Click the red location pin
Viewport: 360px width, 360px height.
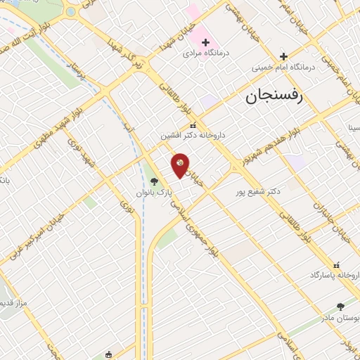pos(180,165)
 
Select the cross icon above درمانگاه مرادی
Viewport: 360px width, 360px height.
pos(205,43)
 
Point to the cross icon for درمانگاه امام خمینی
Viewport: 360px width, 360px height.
pos(283,57)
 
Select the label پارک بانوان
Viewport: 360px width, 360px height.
pos(155,191)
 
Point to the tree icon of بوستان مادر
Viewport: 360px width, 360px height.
pos(341,306)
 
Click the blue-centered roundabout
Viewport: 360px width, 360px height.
pos(71,12)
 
